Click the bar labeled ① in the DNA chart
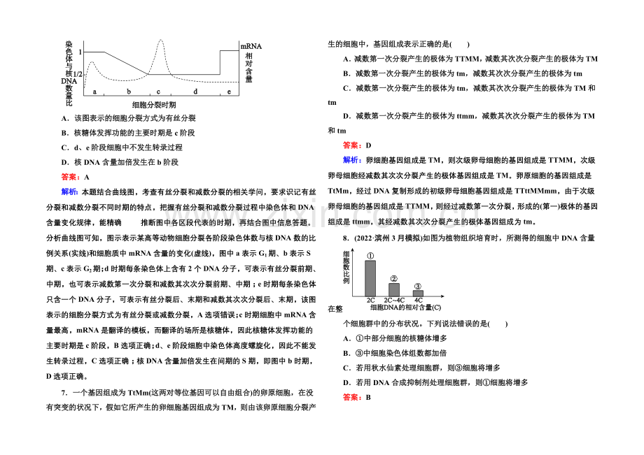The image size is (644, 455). [370, 278]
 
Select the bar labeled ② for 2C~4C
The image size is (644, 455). [394, 290]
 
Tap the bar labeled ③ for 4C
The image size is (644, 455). [418, 294]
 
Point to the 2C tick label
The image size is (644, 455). [370, 301]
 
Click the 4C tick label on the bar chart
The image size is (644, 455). [418, 301]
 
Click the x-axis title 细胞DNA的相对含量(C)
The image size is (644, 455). [405, 308]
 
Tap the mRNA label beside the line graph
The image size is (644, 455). [251, 46]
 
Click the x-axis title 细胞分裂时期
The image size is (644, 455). [154, 105]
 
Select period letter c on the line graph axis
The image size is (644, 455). [158, 92]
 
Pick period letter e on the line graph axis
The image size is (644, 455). [229, 92]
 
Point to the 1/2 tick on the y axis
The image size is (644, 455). [78, 74]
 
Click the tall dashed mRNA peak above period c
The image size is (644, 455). [160, 40]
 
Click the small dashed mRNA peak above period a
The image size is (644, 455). [92, 62]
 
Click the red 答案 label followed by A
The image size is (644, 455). [70, 177]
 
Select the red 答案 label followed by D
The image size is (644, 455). [352, 145]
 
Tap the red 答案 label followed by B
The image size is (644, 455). [352, 397]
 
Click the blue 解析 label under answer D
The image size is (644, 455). [352, 160]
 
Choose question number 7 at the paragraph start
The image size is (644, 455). [64, 393]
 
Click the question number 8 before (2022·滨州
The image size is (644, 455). [346, 238]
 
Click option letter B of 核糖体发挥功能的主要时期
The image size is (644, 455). [64, 133]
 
